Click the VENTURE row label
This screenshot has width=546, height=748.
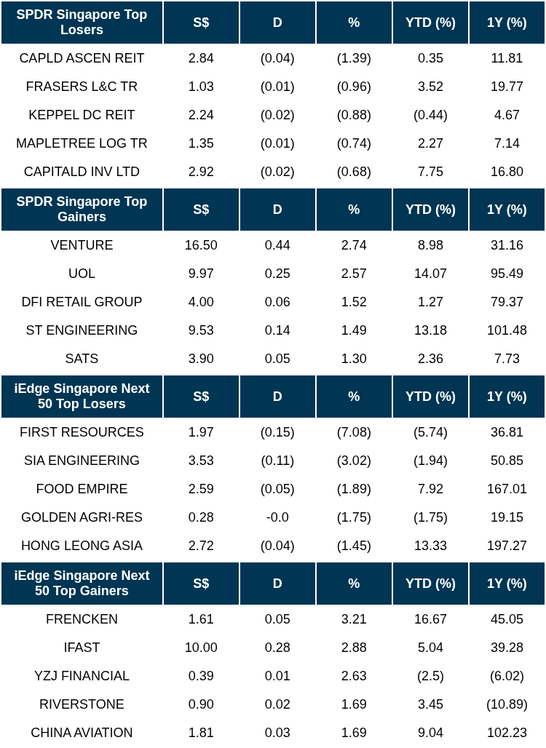[x=82, y=245]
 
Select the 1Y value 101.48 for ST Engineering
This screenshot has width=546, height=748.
[x=507, y=330]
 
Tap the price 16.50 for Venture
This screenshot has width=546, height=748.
[x=201, y=245]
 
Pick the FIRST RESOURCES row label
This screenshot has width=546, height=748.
[x=82, y=432]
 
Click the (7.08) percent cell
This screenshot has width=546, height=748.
[x=354, y=432]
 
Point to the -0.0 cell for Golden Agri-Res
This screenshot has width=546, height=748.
[x=277, y=517]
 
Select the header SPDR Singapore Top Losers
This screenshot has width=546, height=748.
[x=82, y=23]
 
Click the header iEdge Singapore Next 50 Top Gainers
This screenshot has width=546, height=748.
[x=82, y=584]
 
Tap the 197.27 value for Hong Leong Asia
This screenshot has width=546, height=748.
[x=507, y=546]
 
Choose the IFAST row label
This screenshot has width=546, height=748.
[x=82, y=648]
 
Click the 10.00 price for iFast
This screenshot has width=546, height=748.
[x=201, y=648]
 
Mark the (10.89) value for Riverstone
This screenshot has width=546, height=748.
[x=507, y=704]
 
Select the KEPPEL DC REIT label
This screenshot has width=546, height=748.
[x=82, y=115]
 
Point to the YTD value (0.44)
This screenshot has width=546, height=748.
[x=430, y=115]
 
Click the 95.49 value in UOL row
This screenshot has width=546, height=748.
[x=507, y=274]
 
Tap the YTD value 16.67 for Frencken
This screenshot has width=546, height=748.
[x=430, y=619]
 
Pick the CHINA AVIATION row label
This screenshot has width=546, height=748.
[x=82, y=733]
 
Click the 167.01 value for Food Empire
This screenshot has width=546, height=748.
[x=507, y=489]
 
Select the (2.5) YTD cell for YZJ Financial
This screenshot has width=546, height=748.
[x=430, y=676]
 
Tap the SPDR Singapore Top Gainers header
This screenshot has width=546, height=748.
[x=82, y=210]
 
